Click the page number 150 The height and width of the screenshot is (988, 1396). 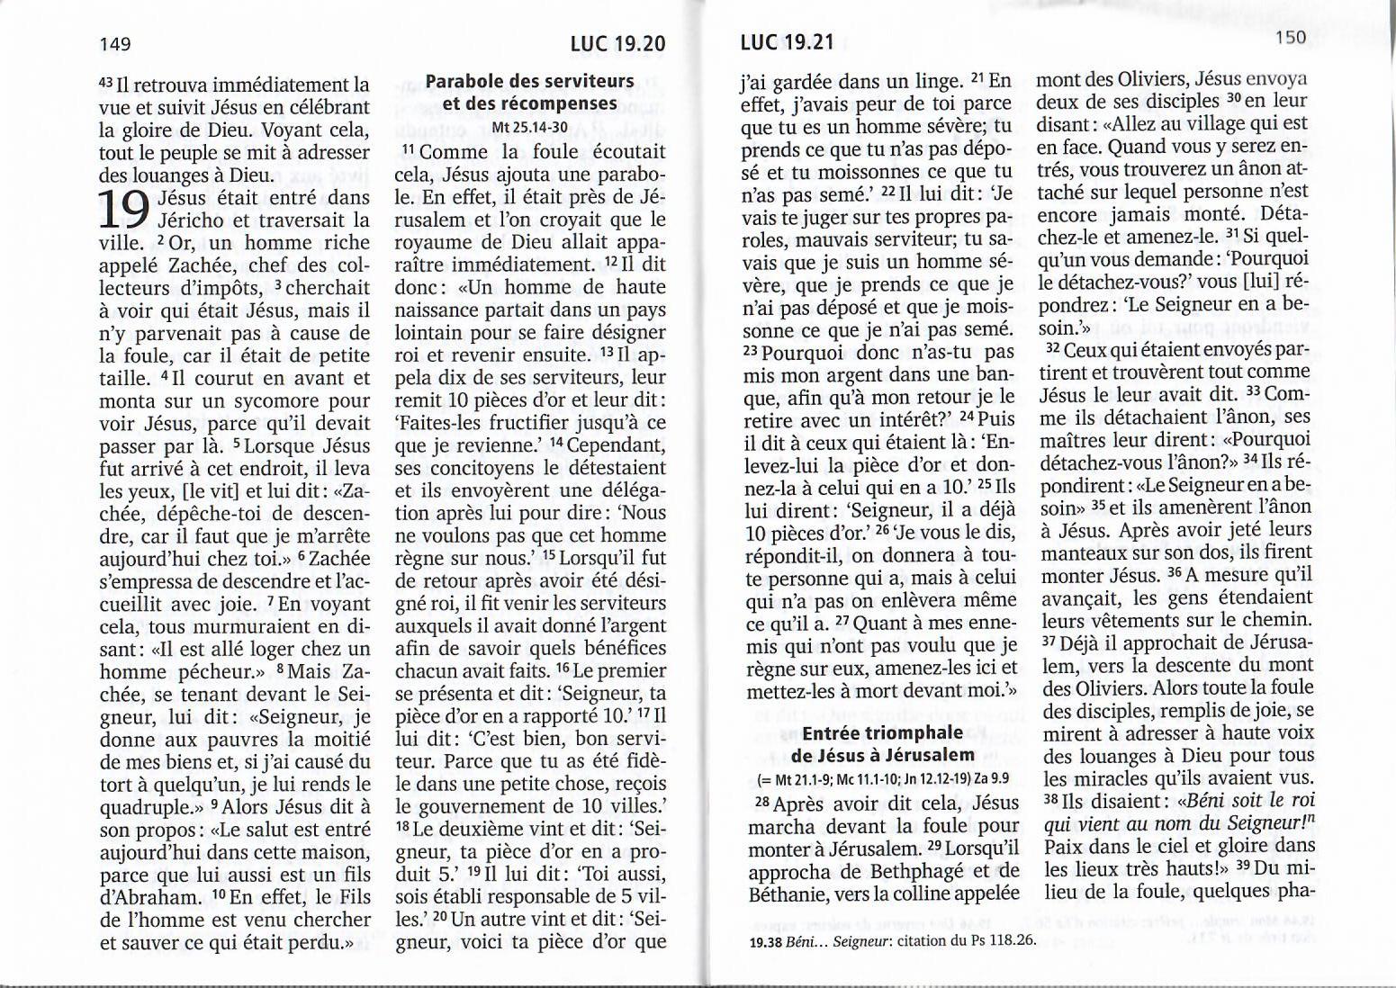[x=1290, y=37]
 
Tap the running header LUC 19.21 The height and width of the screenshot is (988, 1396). [x=787, y=42]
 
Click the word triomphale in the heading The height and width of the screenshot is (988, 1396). [x=912, y=733]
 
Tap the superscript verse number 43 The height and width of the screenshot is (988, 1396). [x=107, y=82]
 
